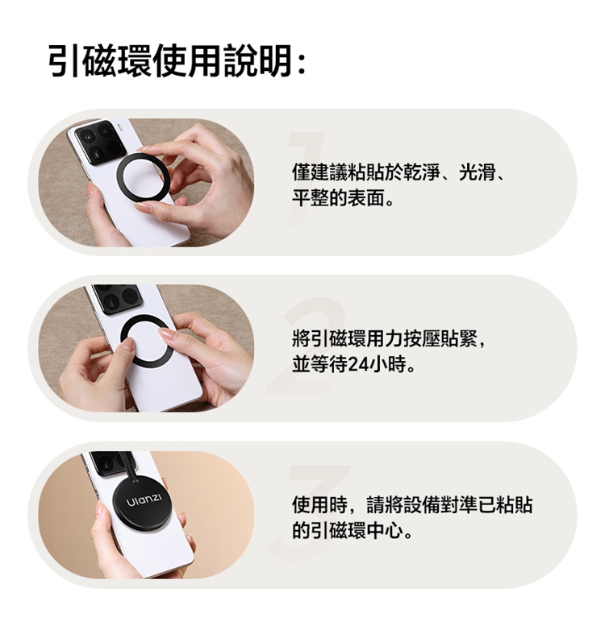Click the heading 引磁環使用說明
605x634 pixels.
(x=170, y=61)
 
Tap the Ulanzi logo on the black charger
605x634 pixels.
(x=144, y=499)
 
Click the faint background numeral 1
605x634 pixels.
(x=305, y=179)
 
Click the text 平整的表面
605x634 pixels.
(x=338, y=198)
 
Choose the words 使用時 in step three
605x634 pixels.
(x=319, y=504)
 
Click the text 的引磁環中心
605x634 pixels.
(x=348, y=530)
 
